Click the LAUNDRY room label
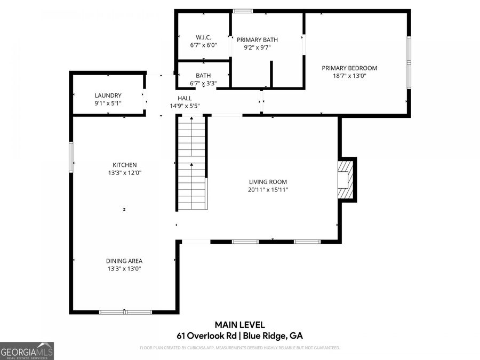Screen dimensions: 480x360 click(108, 95)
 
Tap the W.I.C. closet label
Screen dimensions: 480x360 click(204, 37)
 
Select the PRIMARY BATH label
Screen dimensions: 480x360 click(257, 40)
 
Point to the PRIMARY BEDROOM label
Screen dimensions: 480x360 click(349, 68)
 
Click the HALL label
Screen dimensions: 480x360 click(185, 98)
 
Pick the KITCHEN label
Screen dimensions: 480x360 click(125, 165)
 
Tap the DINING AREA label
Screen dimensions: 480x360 click(124, 261)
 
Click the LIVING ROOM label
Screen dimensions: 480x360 click(268, 182)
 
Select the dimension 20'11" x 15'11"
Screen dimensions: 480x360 click(268, 190)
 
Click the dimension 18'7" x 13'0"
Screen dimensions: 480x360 click(349, 76)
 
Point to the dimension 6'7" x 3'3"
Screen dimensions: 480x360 click(204, 83)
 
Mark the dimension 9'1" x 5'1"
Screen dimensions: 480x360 click(108, 103)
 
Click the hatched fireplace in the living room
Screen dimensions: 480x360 click(345, 180)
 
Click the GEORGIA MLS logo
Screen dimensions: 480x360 click(27, 351)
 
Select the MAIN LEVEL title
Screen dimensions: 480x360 click(239, 325)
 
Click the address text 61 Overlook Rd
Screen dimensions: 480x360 click(206, 336)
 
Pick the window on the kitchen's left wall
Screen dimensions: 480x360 click(71, 157)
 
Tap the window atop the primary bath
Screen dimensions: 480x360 click(243, 11)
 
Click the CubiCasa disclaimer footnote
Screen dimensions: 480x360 click(239, 348)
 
